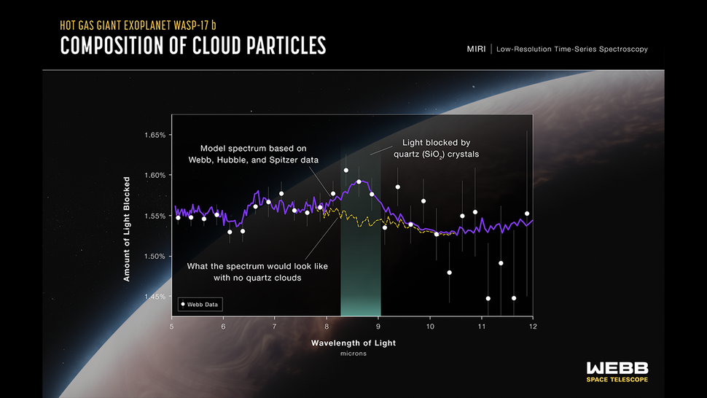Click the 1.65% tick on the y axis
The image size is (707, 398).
tap(157, 135)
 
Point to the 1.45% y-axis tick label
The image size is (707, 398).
tap(157, 297)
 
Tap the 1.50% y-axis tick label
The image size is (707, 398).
tap(157, 256)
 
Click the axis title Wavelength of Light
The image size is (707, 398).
tap(353, 342)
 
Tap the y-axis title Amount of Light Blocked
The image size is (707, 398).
tap(127, 228)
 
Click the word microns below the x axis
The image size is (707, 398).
tap(353, 354)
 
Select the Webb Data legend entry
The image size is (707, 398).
tap(199, 303)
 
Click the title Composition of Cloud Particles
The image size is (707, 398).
tap(192, 46)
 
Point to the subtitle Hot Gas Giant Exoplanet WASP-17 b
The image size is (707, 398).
tap(139, 24)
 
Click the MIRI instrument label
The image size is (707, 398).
tap(477, 49)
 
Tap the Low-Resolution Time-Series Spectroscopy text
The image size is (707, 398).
tap(573, 49)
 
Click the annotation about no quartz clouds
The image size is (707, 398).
tap(257, 272)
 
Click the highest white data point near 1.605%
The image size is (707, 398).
tap(346, 171)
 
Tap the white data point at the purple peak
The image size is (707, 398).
tap(359, 182)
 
